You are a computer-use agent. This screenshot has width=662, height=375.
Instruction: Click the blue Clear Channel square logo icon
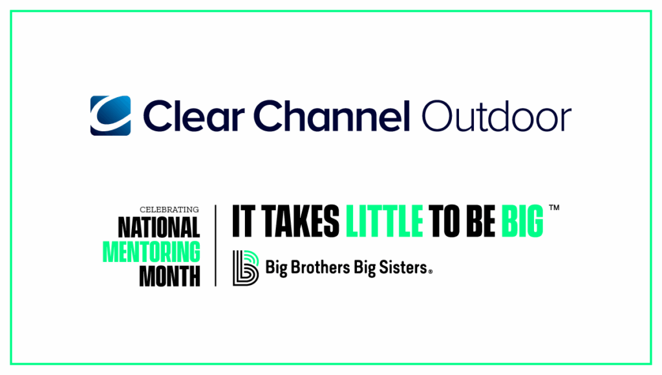point(111,116)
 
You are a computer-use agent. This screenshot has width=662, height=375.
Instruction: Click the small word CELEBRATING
point(169,209)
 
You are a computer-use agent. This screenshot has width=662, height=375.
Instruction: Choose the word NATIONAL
point(159,227)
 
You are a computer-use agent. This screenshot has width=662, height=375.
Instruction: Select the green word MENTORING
point(152,252)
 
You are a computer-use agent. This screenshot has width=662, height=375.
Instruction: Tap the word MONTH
point(169,276)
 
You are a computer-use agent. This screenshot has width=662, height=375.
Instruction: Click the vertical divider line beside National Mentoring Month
point(215,246)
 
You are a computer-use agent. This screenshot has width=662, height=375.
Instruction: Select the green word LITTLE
point(385,222)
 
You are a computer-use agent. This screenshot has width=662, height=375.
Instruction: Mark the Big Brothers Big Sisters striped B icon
point(245,267)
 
